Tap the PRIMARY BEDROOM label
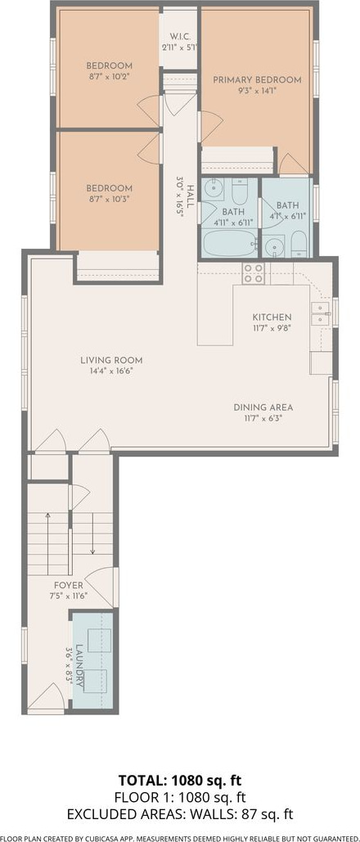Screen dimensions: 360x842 pos(257,80)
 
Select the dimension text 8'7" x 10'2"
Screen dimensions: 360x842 pos(109,76)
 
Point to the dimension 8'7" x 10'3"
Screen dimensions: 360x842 pos(109,199)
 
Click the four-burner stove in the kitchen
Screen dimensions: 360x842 pos(253,273)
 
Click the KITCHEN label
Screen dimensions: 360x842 pos(272,317)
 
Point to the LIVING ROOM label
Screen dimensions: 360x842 pos(111,360)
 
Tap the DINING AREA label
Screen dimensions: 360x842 pos(263,407)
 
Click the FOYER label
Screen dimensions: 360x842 pos(68,585)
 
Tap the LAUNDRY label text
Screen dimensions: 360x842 pos(79,666)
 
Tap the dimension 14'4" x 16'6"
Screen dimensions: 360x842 pos(111,371)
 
